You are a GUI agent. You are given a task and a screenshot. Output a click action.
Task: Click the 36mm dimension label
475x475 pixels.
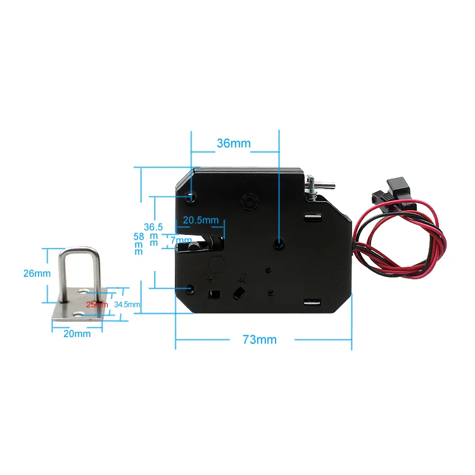click(234, 143)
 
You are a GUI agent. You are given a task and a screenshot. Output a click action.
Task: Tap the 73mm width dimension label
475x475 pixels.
click(260, 339)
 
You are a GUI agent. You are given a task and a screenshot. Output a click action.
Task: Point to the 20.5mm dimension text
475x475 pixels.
click(200, 220)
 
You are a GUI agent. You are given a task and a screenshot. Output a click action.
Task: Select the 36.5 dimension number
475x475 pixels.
click(153, 227)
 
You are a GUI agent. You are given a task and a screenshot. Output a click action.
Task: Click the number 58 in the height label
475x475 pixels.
click(139, 236)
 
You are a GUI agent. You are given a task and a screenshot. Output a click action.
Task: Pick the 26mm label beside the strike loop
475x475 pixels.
click(36, 274)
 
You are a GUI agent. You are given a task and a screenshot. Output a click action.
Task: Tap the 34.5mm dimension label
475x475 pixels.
click(127, 305)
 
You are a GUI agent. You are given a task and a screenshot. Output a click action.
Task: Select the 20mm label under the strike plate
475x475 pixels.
click(77, 333)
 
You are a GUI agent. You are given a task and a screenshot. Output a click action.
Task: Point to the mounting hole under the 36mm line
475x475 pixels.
click(279, 243)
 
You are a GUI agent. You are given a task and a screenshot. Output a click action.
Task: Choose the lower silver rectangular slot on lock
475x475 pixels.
click(312, 303)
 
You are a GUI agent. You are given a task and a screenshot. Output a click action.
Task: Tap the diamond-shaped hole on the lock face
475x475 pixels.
click(240, 293)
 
